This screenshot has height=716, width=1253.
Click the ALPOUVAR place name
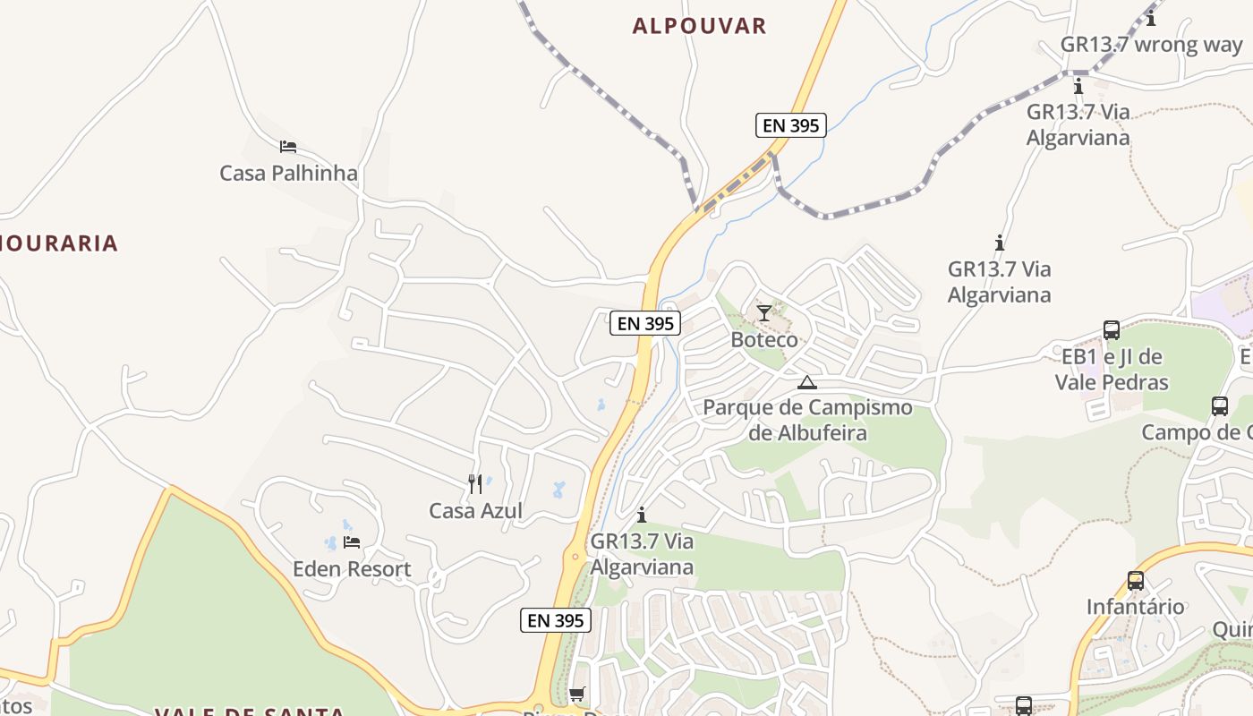point(699,26)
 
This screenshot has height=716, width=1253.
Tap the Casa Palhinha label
point(288,173)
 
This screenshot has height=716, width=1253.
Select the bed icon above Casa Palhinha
point(287,147)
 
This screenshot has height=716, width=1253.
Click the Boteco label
point(763,340)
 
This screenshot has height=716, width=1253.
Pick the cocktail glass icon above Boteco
point(763,313)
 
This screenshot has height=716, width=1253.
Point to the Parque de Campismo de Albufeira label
point(807,420)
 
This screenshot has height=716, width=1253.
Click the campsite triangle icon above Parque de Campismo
point(807,383)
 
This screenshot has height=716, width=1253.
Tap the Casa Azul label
point(475,511)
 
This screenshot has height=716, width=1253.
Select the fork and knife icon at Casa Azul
point(475,484)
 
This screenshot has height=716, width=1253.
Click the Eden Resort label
point(352,569)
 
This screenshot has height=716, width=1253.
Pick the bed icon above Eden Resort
point(351,542)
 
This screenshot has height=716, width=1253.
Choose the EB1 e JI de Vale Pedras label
point(1111,370)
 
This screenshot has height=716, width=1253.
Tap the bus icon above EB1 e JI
point(1112,330)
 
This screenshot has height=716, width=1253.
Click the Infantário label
point(1135,607)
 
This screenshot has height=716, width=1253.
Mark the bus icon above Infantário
point(1136,581)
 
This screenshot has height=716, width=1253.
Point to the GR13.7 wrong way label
point(1151,45)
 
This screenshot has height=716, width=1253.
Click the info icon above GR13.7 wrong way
point(1151,18)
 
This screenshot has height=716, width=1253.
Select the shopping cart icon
point(577,695)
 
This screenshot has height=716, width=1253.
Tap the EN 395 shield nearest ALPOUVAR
point(789,125)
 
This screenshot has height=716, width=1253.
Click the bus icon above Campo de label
point(1220,406)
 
